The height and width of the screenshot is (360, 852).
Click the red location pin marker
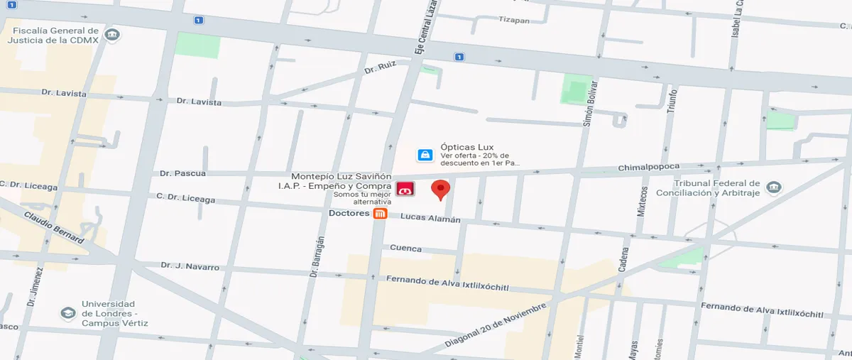[441, 190]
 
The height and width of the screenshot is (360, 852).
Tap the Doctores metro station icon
[381, 214]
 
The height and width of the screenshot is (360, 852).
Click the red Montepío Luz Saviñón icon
[405, 190]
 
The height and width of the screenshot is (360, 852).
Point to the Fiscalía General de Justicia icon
[111, 35]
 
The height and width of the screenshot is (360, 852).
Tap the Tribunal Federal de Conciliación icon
[773, 187]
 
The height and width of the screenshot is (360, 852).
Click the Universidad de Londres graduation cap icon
[67, 312]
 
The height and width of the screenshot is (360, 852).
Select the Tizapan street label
[514, 20]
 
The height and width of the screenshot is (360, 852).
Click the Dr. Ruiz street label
[379, 70]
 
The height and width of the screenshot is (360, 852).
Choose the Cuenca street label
[405, 249]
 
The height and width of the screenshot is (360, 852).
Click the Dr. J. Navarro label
[190, 266]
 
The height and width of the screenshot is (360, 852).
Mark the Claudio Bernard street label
[53, 227]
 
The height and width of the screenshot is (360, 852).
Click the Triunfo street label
[673, 102]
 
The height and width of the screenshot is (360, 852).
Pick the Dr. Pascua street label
[183, 173]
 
